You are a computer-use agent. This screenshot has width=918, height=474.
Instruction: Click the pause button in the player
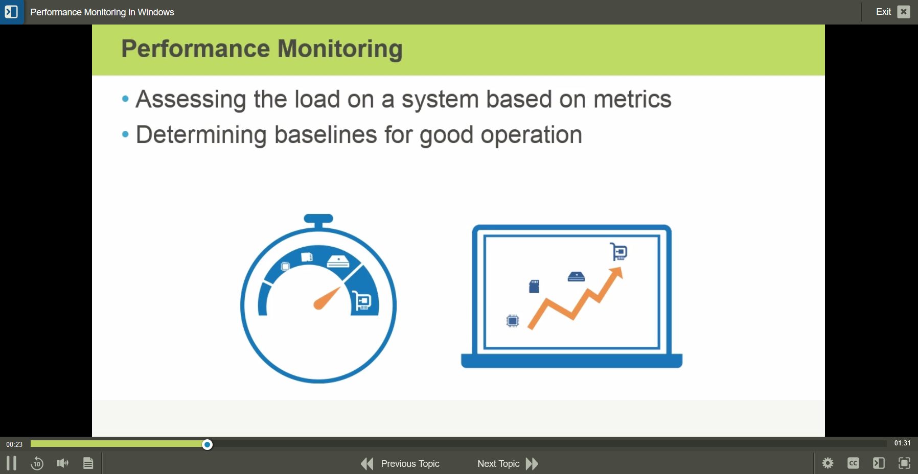[x=11, y=463]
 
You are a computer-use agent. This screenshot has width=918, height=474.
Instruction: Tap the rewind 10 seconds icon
[x=37, y=463]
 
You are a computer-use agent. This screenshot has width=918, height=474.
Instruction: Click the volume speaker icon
[x=62, y=463]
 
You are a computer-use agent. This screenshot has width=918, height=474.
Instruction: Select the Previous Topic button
[x=401, y=464]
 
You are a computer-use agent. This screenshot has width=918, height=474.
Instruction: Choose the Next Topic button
[x=508, y=464]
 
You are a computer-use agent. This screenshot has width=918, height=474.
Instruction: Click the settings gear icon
[x=828, y=463]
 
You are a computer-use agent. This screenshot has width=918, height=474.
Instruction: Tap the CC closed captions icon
[x=853, y=463]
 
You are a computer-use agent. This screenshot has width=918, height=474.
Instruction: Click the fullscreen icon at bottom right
[x=904, y=463]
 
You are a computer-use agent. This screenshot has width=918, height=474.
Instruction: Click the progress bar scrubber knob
[x=207, y=444]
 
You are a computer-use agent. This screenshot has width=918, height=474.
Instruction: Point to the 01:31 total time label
[x=902, y=443]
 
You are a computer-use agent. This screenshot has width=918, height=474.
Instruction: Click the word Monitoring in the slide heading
[x=340, y=50]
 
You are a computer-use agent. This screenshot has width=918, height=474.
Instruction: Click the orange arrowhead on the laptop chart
[x=617, y=273]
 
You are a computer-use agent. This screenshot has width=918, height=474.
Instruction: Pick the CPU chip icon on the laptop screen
[x=512, y=321]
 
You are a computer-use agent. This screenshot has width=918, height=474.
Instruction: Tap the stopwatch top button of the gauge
[x=318, y=219]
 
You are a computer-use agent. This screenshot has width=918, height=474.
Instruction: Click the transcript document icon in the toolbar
[x=88, y=463]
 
